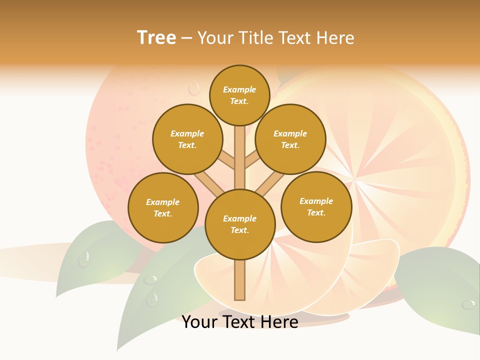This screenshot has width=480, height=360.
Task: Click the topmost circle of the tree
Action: pos(239,95)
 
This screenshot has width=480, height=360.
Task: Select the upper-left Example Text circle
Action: pos(187,139)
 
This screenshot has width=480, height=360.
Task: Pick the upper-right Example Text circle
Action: pos(290,139)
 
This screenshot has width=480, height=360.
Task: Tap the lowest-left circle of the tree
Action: pos(163,207)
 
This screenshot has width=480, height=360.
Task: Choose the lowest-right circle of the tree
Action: pos(316,206)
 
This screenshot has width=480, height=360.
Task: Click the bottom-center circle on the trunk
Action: pos(240,224)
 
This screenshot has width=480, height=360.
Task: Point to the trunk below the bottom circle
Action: pos(240,280)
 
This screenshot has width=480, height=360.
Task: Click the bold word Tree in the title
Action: pos(156,37)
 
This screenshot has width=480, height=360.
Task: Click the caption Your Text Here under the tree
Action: pos(240,321)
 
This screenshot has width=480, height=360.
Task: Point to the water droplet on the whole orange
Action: pos(193,88)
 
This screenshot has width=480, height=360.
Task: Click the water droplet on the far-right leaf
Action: pos(468,304)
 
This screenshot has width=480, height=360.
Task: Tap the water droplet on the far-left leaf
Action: pos(84,259)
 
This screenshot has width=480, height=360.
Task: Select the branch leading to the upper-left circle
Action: pos(226,160)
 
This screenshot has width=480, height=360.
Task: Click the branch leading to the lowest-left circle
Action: pos(209,182)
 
